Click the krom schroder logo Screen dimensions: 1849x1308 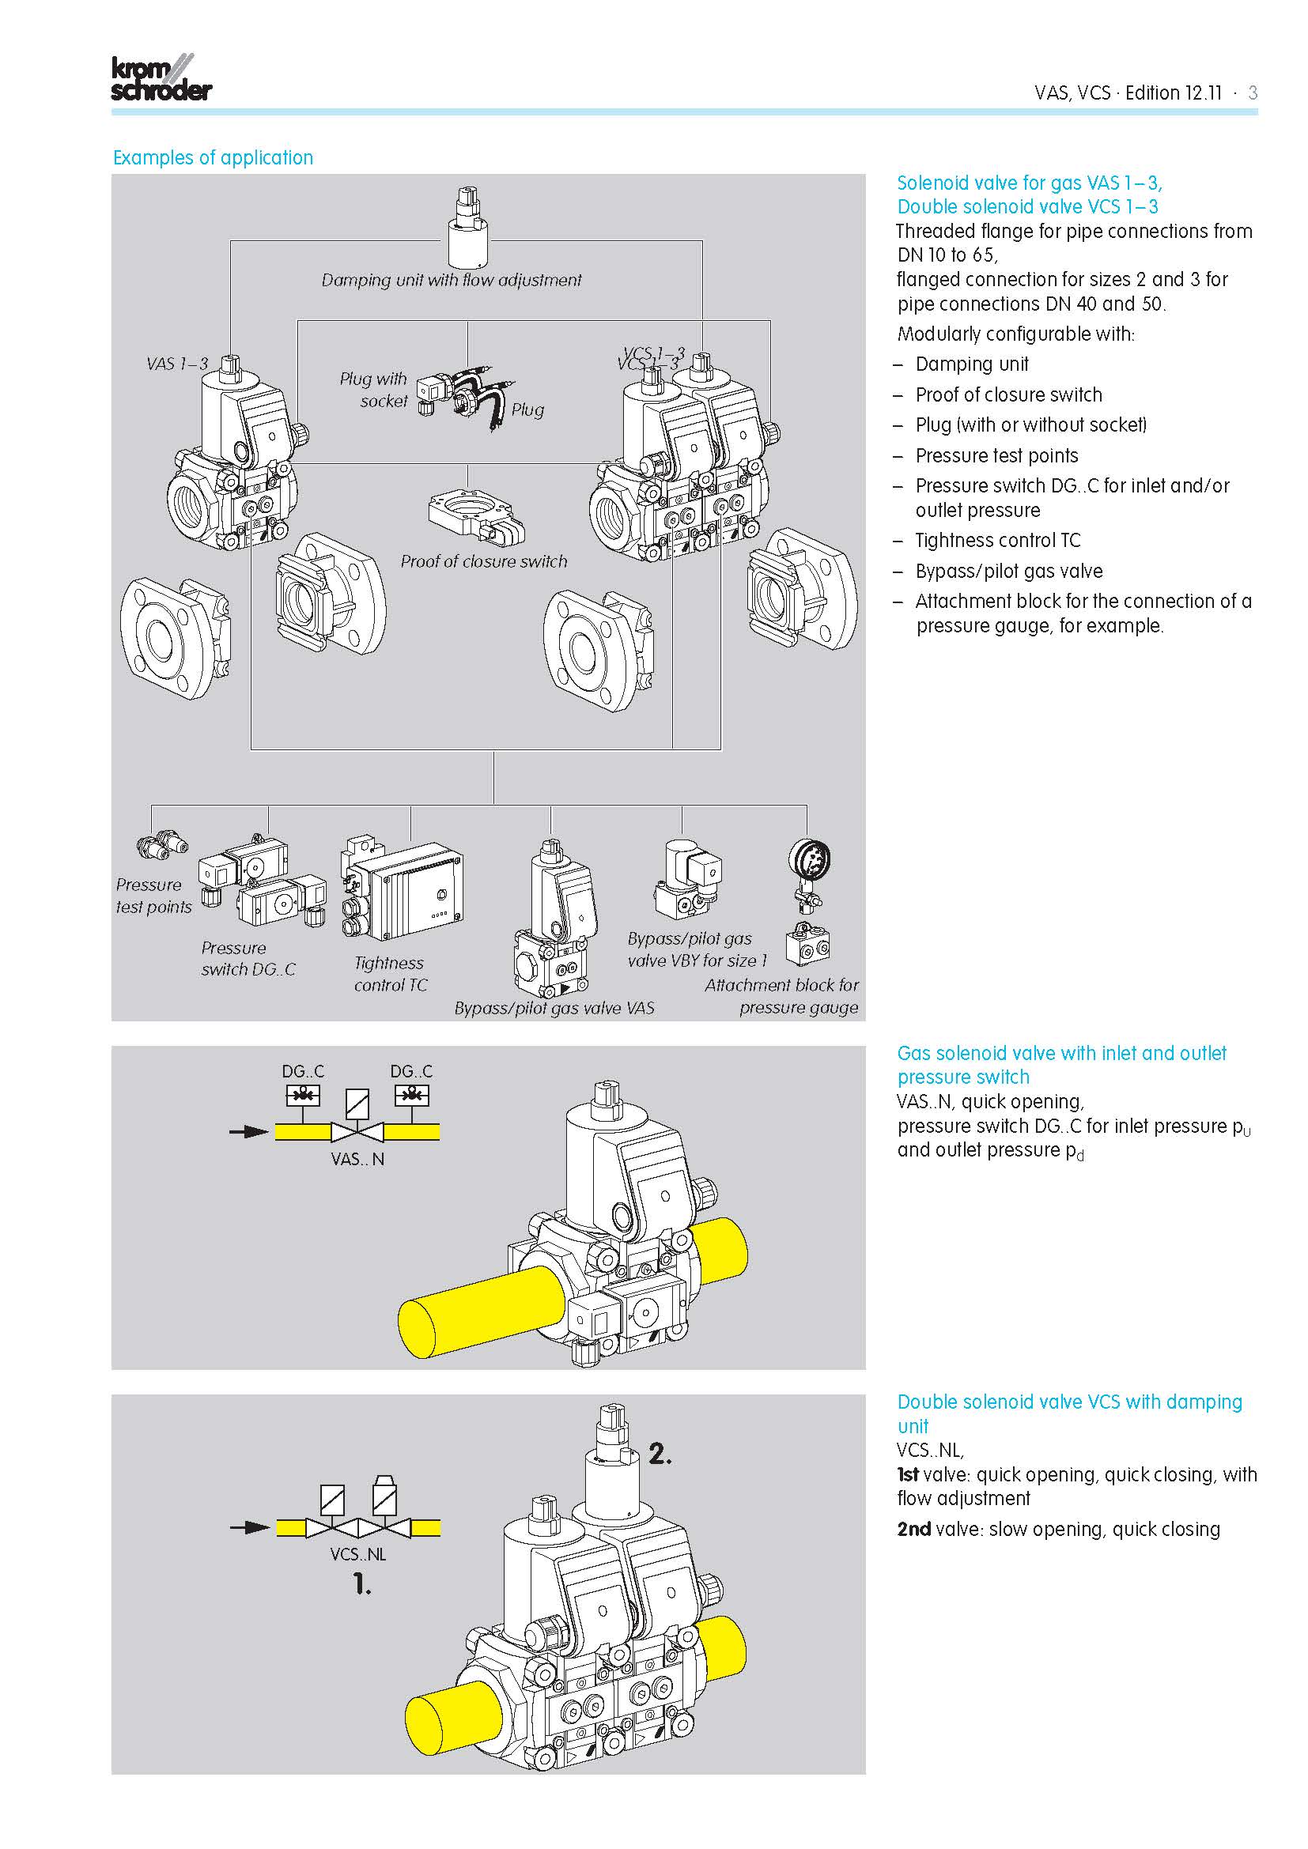[x=161, y=78]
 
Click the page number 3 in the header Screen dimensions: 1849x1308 [x=1252, y=92]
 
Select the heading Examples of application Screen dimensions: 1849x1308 [x=213, y=158]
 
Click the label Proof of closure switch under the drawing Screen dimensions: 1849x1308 [x=484, y=561]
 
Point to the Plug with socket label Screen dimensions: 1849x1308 [x=374, y=390]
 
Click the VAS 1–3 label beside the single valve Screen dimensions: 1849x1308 [x=177, y=364]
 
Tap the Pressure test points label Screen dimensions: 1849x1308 [x=153, y=896]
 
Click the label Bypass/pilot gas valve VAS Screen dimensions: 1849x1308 [x=554, y=1008]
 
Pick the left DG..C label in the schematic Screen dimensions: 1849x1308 [x=303, y=1071]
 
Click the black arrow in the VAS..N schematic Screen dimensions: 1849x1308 [x=248, y=1131]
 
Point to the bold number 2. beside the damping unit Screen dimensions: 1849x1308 [x=660, y=1454]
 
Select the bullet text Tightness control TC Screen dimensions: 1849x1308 [x=997, y=541]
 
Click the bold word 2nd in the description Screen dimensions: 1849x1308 [x=913, y=1530]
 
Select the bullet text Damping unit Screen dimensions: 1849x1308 [x=971, y=364]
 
